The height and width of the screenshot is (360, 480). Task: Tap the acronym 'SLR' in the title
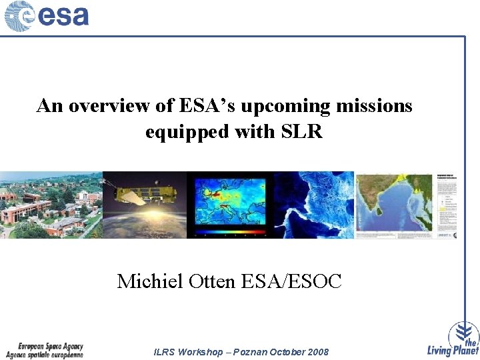click(301, 132)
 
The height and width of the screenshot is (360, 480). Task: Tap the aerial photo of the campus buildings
click(51, 205)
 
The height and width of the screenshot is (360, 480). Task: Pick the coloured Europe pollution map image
click(229, 200)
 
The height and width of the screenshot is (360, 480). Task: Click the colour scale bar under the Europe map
click(229, 234)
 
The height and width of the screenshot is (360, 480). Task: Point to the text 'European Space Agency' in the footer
click(50, 347)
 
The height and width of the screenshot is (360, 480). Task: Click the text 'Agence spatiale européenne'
click(50, 355)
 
